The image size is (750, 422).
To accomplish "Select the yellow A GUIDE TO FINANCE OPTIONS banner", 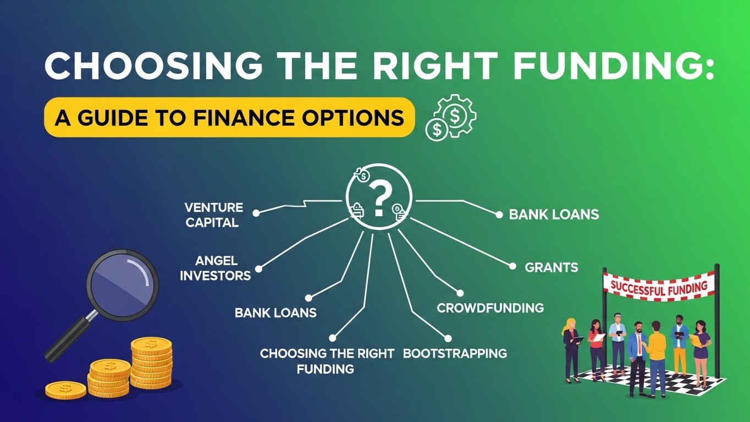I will tap(229, 118).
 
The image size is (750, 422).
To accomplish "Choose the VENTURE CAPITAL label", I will tap(214, 215).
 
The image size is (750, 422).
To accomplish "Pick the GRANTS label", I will tap(551, 268).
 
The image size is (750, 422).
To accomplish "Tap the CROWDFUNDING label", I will tap(490, 308).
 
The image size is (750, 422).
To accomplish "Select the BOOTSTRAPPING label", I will tap(455, 353).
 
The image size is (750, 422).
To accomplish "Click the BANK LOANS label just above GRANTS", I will tap(554, 215).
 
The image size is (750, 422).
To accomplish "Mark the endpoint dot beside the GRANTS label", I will tap(512, 266).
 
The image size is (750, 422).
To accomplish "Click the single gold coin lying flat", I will tap(65, 390).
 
